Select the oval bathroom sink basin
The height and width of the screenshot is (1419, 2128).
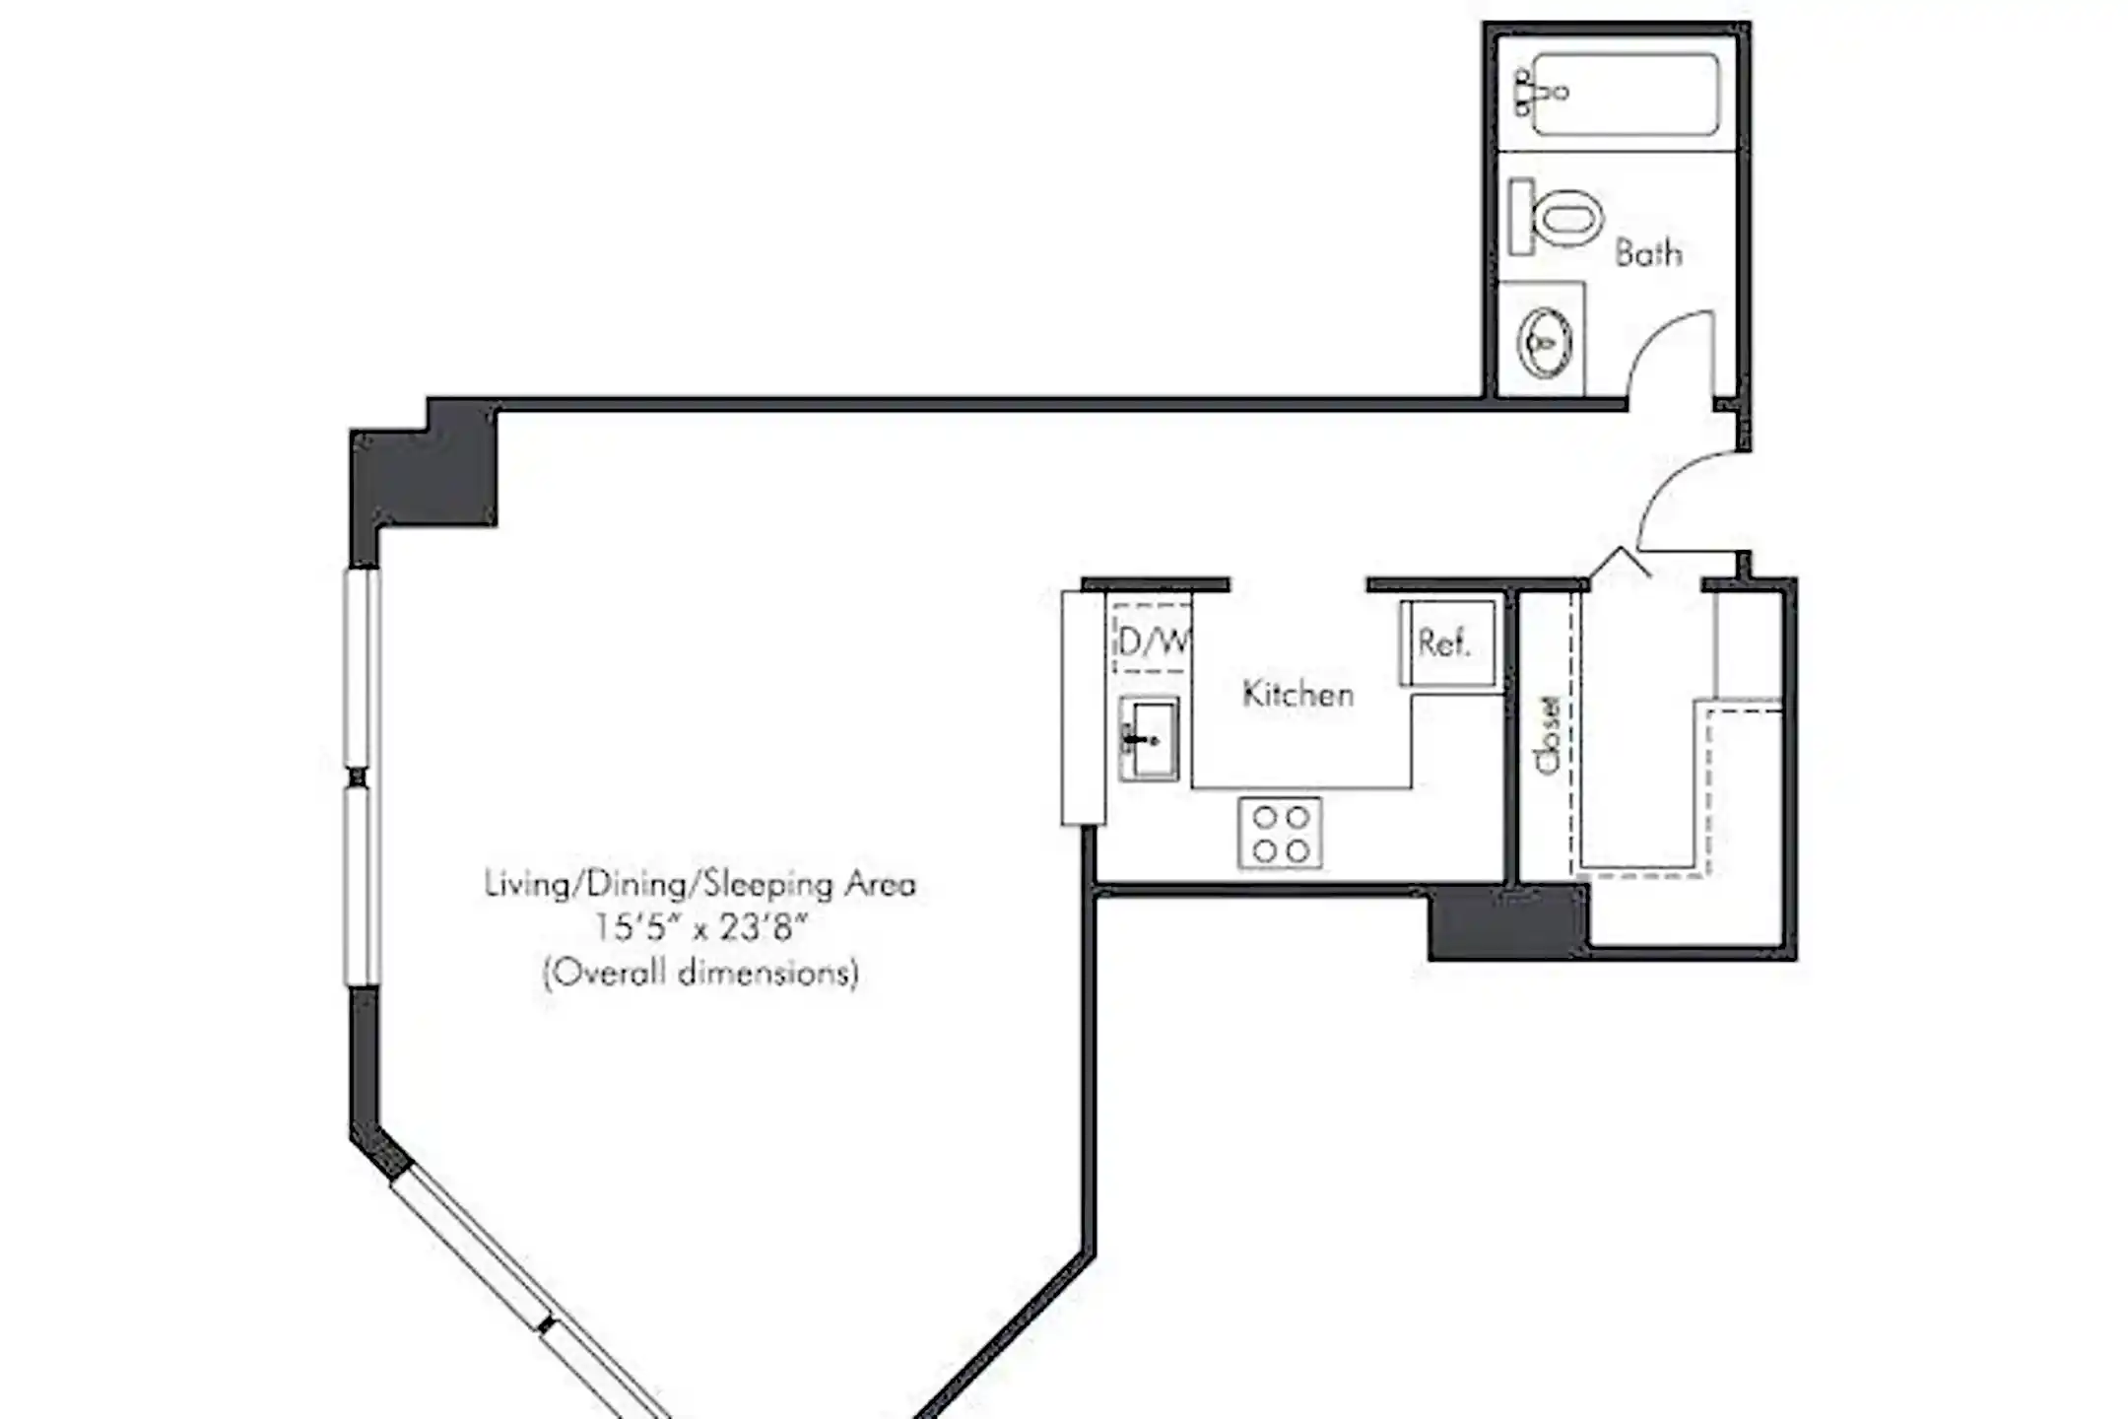[1544, 342]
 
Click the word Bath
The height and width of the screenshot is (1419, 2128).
[1648, 253]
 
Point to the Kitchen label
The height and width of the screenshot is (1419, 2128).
[1297, 694]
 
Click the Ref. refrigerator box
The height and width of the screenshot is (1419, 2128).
[1447, 642]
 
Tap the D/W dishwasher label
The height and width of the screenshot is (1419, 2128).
[1154, 642]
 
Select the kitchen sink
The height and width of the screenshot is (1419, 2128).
[1148, 738]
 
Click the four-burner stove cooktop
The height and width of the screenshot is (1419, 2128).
[1280, 834]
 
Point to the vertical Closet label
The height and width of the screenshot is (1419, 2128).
[1548, 735]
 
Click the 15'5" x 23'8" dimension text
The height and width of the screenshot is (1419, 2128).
[700, 928]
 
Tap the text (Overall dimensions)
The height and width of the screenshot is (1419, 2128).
[700, 974]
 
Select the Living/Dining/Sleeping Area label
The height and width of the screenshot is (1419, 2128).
[700, 884]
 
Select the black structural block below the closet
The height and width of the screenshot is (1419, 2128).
[1507, 922]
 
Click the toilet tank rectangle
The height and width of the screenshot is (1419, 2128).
[1522, 217]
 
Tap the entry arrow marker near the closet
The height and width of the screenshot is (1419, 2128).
[1621, 562]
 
